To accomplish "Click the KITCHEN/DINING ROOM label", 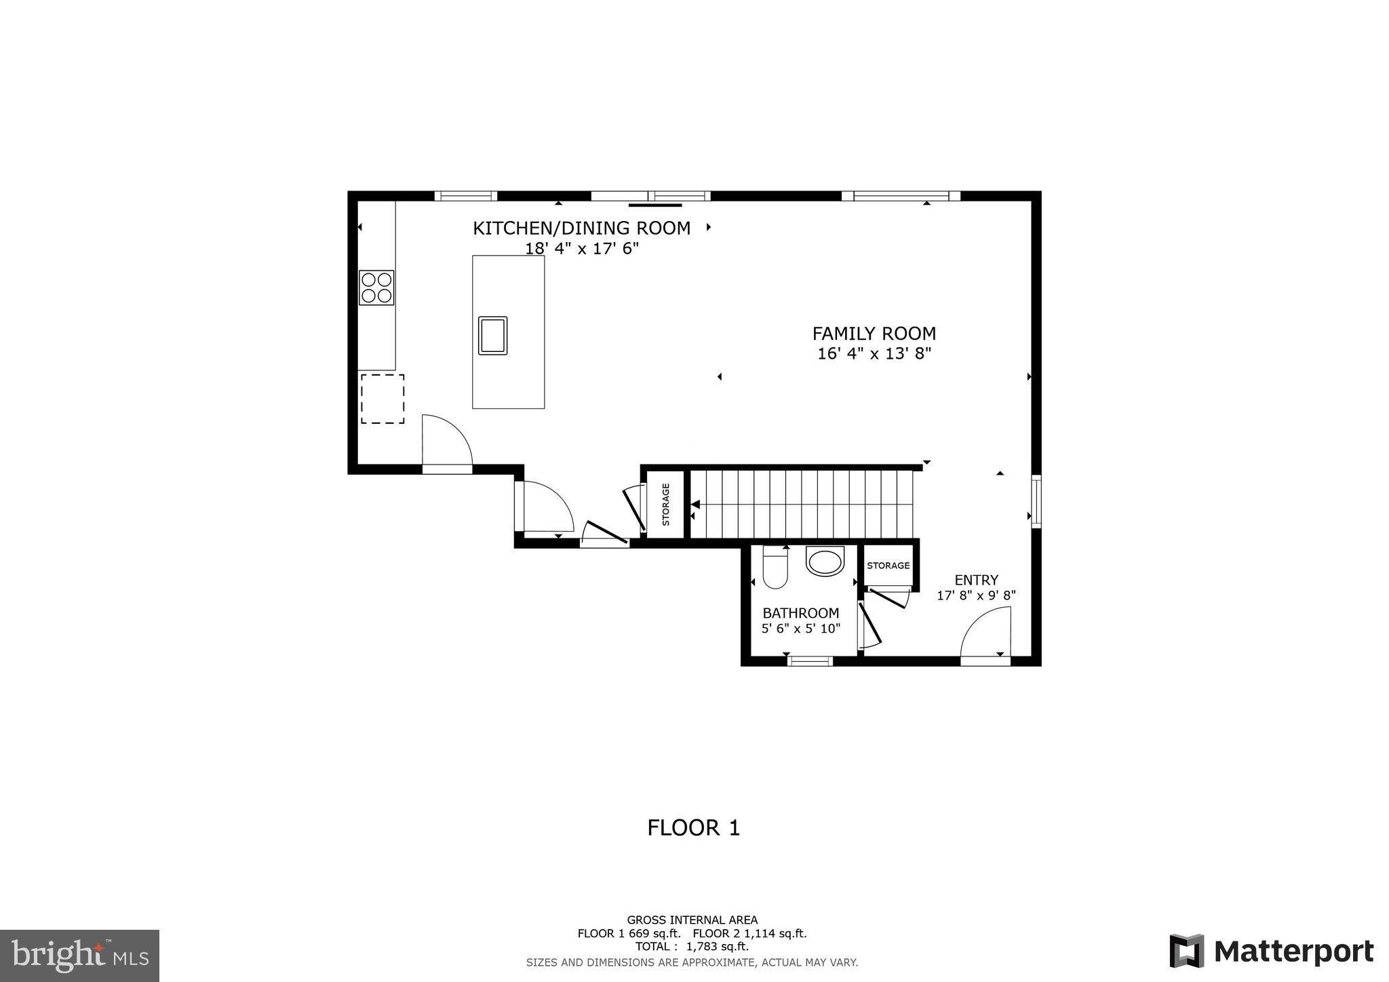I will coord(581,229).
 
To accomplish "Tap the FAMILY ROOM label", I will coord(874,334).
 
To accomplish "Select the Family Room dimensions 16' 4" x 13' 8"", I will coord(874,353).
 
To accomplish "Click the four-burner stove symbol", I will coord(376,288).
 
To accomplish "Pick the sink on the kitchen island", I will coord(492,335).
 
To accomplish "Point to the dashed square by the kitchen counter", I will coord(382,399).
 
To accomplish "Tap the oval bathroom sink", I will coord(825,562).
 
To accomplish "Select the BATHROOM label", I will coord(800,613).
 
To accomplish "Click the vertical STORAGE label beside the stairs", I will coord(665,504).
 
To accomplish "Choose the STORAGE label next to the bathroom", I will coord(887,566).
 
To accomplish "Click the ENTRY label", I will coord(976,581).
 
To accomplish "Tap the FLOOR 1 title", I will coord(693,828).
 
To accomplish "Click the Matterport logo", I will coord(1271,951).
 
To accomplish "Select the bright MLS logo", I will coord(79,956).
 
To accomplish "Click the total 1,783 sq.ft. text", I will coord(692,947).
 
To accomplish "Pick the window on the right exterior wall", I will coord(1036,502).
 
